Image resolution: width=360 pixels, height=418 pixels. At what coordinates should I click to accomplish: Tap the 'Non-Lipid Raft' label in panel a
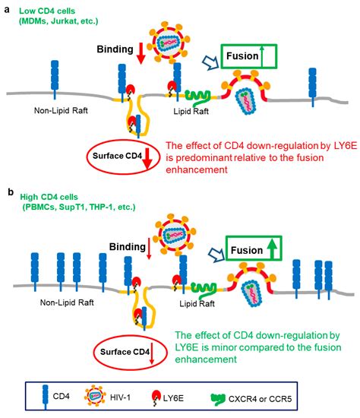click(54, 108)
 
